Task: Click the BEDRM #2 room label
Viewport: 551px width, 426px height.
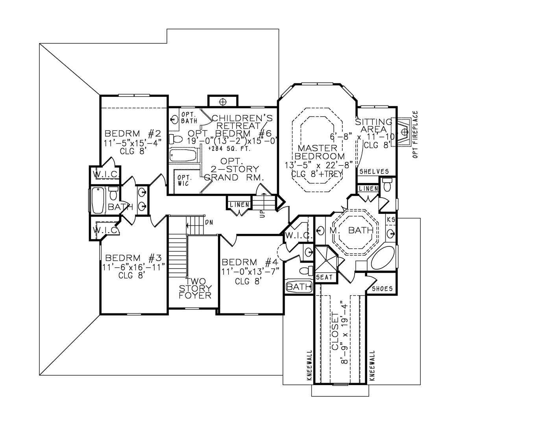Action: click(133, 133)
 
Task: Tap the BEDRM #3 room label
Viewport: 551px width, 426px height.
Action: click(133, 258)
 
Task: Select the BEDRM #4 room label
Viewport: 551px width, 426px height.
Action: click(250, 262)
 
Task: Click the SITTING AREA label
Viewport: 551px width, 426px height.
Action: click(373, 126)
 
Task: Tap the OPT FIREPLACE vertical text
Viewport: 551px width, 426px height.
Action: click(415, 135)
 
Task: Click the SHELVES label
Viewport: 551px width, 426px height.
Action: click(374, 172)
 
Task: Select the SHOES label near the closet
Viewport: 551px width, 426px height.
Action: click(383, 289)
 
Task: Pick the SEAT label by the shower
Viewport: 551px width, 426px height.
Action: click(324, 278)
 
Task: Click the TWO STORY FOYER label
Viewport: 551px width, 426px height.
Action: click(195, 288)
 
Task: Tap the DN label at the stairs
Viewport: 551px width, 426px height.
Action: click(209, 222)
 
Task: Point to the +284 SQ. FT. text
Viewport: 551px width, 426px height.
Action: click(229, 149)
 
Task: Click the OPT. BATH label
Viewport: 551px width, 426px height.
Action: click(189, 117)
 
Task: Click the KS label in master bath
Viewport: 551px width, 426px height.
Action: click(391, 220)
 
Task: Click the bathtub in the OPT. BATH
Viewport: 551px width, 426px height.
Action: click(182, 155)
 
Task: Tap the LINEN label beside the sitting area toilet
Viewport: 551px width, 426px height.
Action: click(368, 189)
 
